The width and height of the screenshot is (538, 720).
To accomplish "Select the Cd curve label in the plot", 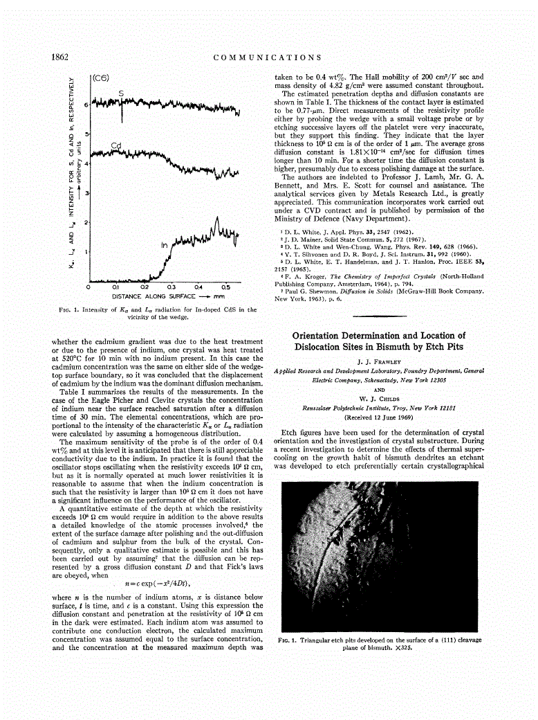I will coord(116,145).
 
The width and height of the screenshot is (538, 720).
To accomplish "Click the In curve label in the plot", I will coord(165,245).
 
